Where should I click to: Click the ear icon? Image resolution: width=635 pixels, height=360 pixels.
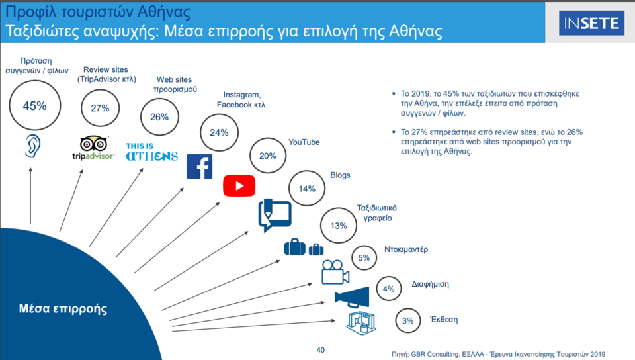point(33,146)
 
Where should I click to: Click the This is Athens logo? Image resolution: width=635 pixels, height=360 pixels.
point(151,152)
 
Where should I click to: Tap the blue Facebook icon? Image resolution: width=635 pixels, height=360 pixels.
point(199,167)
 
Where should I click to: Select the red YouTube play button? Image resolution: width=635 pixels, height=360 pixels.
point(239,186)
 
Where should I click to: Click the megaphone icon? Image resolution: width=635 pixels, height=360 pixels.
point(352,298)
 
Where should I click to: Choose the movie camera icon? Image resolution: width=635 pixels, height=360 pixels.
point(335,272)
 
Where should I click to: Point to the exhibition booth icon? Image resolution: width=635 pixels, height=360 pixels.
point(361,323)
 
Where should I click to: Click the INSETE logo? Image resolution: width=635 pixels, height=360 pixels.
point(591,23)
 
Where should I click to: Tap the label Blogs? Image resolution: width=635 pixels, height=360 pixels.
point(340,175)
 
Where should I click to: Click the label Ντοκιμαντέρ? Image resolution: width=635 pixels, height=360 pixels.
point(406,249)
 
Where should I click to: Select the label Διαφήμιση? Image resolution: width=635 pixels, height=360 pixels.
point(430,284)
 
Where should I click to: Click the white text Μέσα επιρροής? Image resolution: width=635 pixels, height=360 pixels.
point(63,308)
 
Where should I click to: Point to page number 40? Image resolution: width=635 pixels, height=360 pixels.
point(320,350)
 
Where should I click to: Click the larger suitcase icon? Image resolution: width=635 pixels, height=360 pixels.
point(295,247)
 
